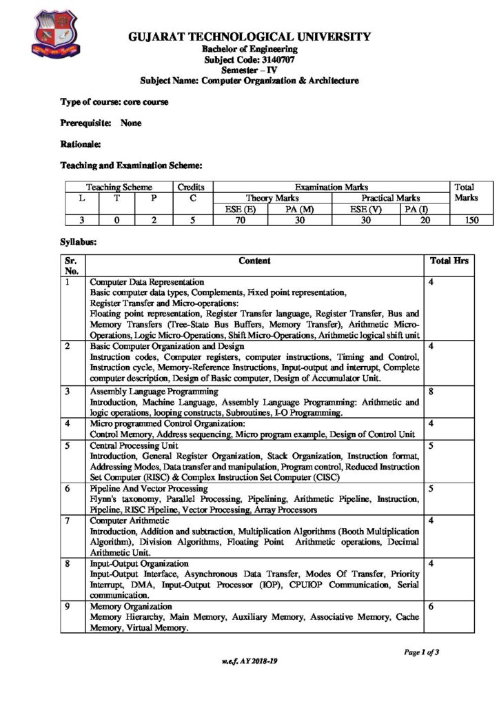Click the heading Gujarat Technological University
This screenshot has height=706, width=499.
(x=250, y=37)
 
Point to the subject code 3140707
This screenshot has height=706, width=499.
(x=250, y=60)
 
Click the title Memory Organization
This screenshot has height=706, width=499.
(x=128, y=607)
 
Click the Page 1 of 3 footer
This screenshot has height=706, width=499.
(x=421, y=652)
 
